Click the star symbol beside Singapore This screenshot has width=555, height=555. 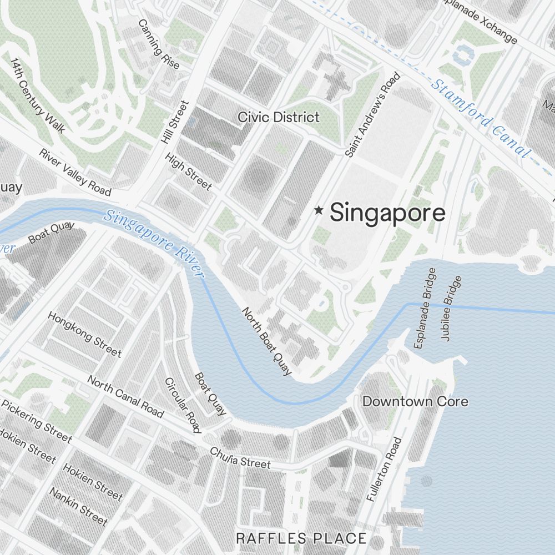[319, 210]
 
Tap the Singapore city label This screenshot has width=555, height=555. [387, 213]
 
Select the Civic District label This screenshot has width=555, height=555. [279, 117]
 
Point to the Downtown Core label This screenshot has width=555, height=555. [415, 401]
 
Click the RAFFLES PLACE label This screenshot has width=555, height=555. [301, 538]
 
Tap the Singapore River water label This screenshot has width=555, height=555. [155, 243]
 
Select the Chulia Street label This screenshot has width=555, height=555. [240, 457]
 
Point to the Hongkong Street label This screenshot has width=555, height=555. [84, 334]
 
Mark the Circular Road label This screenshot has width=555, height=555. [182, 405]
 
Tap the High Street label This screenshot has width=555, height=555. [188, 170]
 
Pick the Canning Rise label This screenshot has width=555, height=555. [159, 44]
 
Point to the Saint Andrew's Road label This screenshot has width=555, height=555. [372, 114]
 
